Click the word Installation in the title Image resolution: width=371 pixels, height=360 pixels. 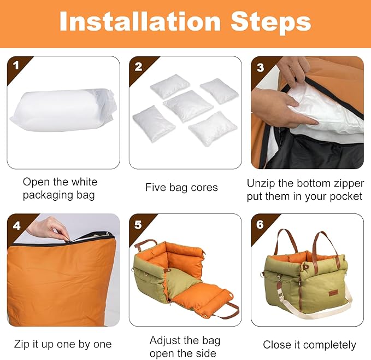[139, 22]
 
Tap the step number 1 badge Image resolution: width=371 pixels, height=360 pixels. [16, 66]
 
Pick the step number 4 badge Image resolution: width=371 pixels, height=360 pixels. [16, 224]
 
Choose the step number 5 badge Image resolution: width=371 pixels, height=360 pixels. [138, 224]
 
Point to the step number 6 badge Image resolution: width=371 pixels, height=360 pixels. [261, 224]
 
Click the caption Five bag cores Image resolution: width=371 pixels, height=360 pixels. [181, 188]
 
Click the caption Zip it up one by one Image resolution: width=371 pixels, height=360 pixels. [62, 344]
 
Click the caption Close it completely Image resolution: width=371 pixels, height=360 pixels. [309, 345]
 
